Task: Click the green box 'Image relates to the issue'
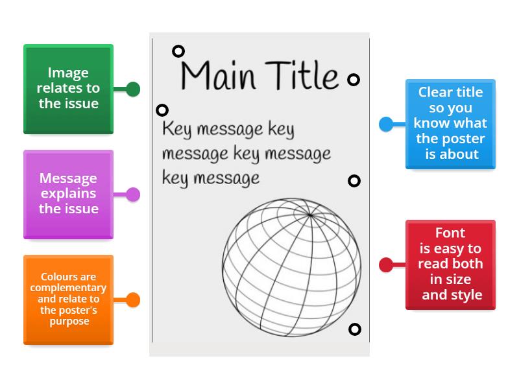tap(68, 89)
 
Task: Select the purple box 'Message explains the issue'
tap(68, 194)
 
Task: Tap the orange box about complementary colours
tap(68, 300)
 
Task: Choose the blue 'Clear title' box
tap(450, 124)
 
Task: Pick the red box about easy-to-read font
tap(450, 265)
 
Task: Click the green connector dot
tap(133, 89)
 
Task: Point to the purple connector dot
tap(133, 194)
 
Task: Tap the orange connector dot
tap(133, 300)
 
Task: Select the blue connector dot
tap(386, 124)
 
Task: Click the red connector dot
tap(386, 265)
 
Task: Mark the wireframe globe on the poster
tap(291, 268)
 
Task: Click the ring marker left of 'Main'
tap(178, 51)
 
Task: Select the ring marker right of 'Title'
tap(354, 80)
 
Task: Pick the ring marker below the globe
tap(354, 329)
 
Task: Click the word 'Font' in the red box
tap(450, 233)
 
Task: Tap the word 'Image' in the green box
tap(68, 73)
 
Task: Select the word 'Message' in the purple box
tap(68, 178)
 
